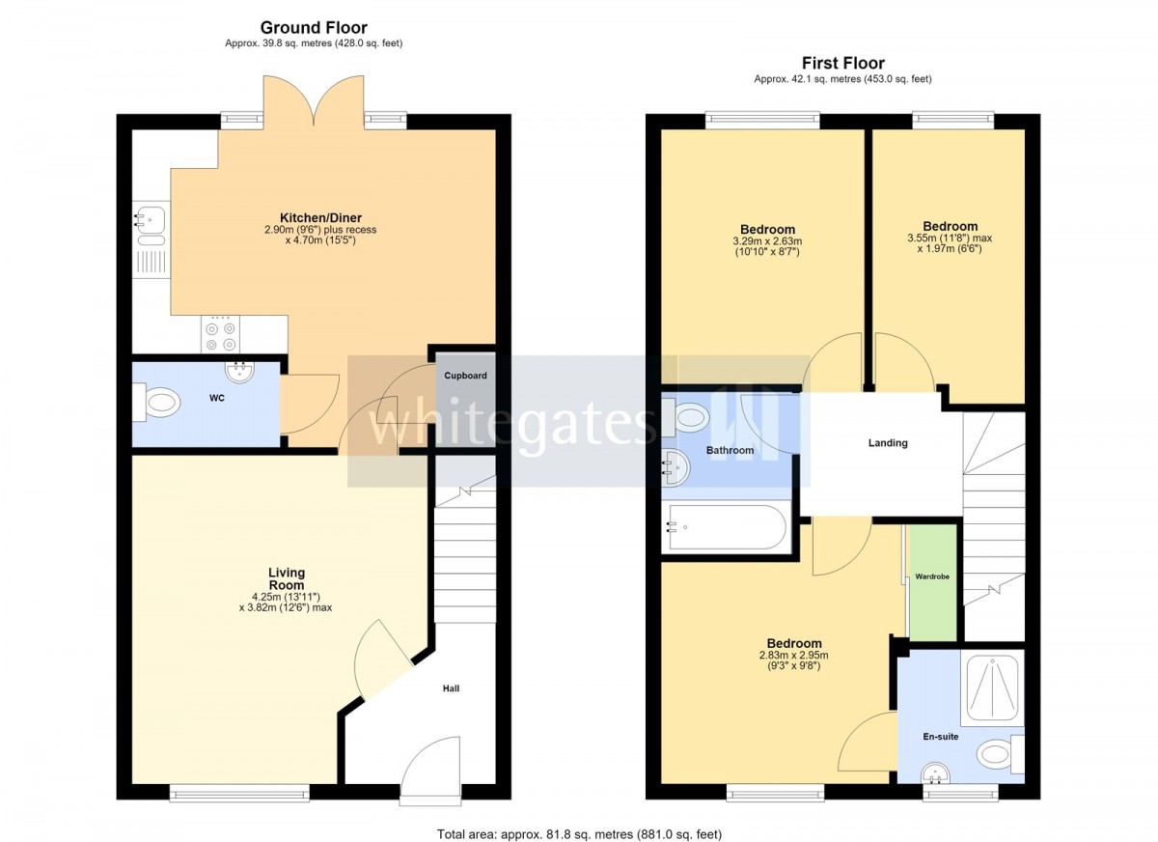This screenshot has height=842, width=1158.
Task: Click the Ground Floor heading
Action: pos(314,27)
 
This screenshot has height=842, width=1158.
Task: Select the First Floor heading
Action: pos(843,63)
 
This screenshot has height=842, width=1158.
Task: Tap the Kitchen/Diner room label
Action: pos(320,217)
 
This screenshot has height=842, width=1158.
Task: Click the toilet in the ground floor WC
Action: pos(156,403)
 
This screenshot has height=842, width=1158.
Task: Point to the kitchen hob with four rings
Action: pos(221,335)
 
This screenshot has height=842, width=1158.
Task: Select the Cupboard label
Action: pos(465,376)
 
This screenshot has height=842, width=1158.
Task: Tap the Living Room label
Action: pos(287,578)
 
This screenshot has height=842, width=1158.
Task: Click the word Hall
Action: pos(451,688)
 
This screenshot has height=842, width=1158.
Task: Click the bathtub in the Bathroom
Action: pos(727,527)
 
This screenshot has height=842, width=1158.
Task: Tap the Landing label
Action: pos(888,442)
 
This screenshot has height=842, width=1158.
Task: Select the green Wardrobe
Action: pos(932,583)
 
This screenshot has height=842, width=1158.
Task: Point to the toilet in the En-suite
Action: pos(1000,754)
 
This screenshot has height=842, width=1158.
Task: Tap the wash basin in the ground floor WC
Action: pos(240,373)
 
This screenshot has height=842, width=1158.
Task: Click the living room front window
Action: pos(239,794)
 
